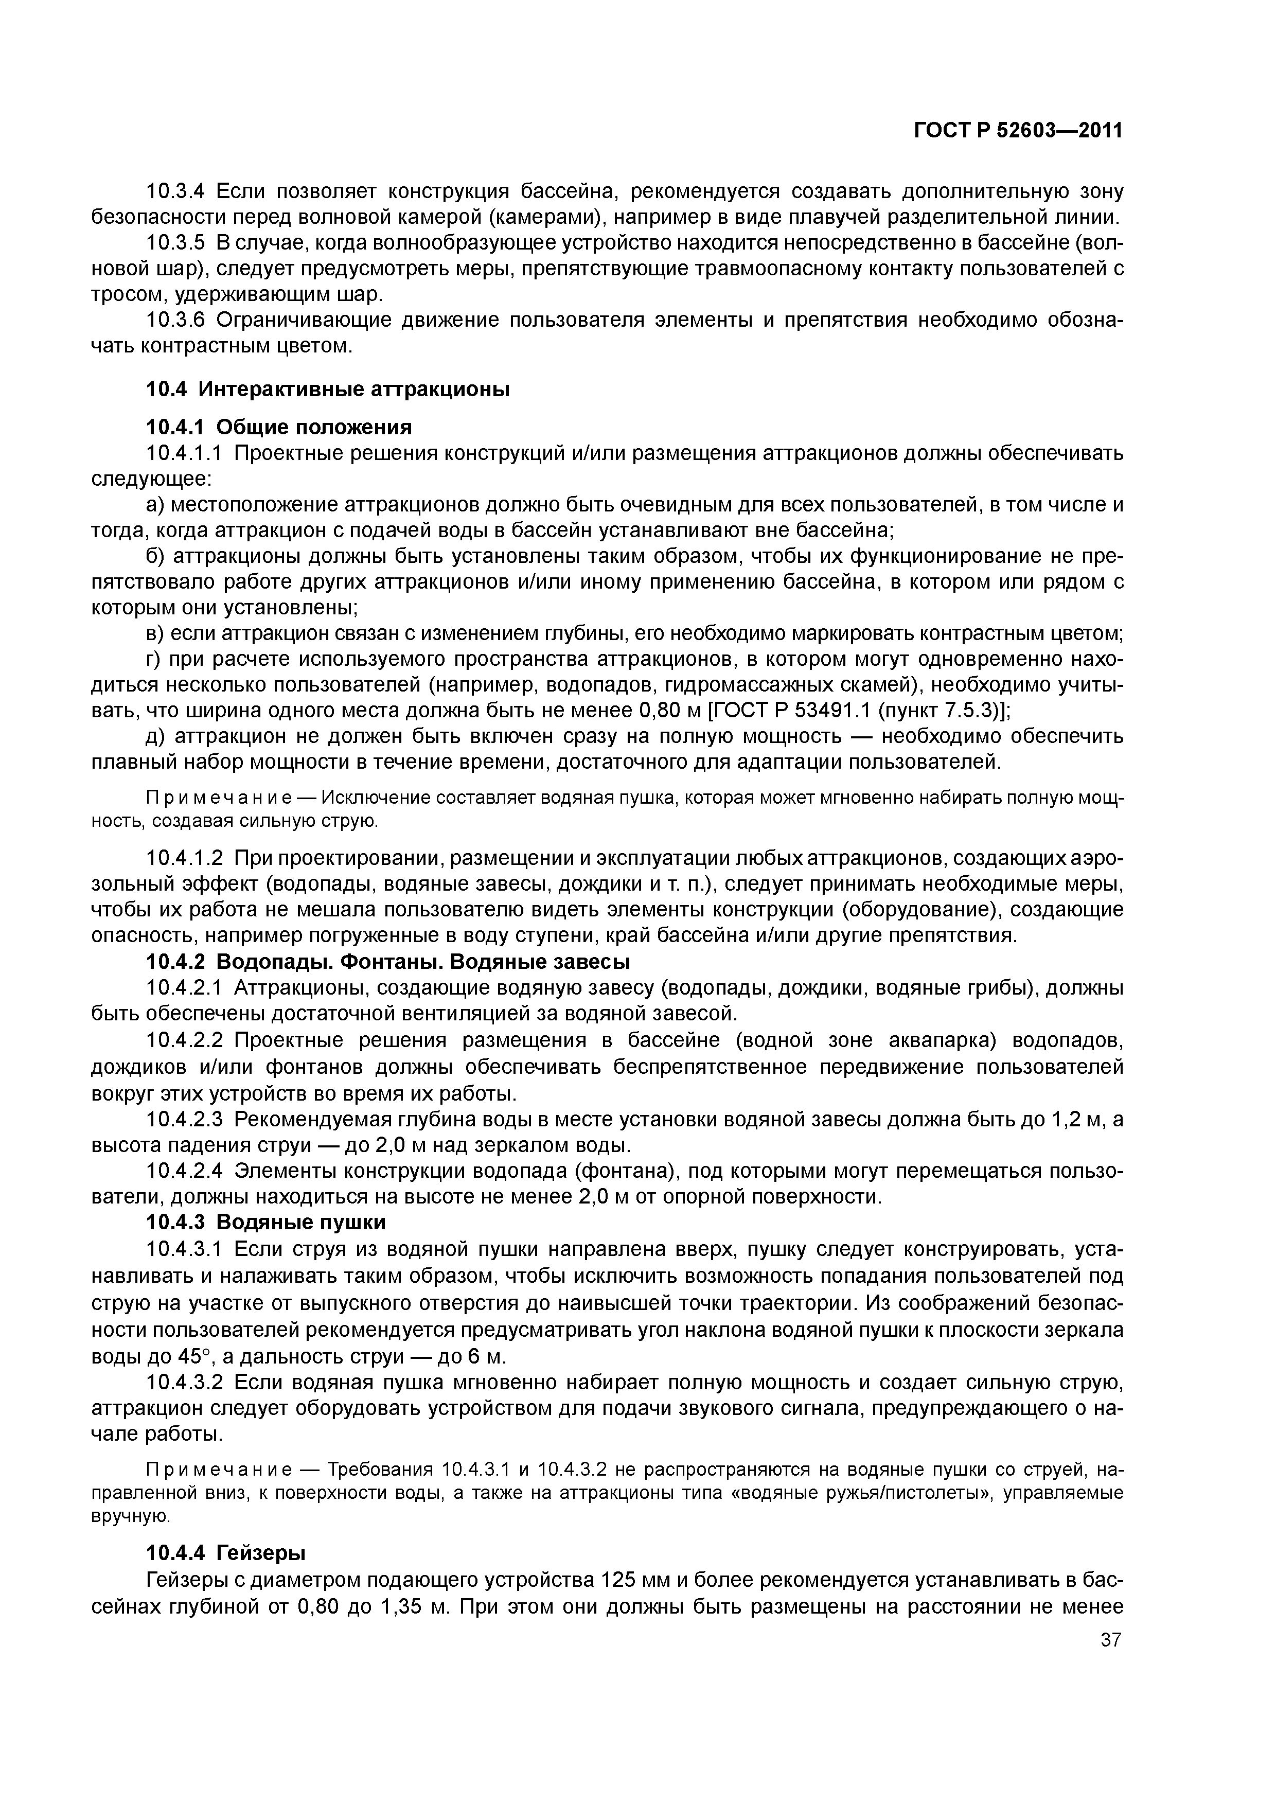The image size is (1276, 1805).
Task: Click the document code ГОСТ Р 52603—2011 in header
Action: click(x=1018, y=131)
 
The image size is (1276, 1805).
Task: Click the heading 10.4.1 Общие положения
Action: click(x=279, y=427)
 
